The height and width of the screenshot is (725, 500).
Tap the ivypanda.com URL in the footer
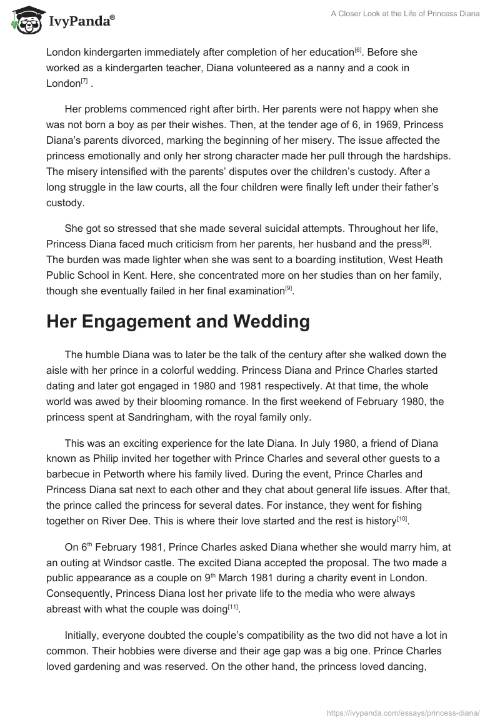pyautogui.click(x=403, y=712)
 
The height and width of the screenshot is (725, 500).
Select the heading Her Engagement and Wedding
pyautogui.click(x=178, y=321)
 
